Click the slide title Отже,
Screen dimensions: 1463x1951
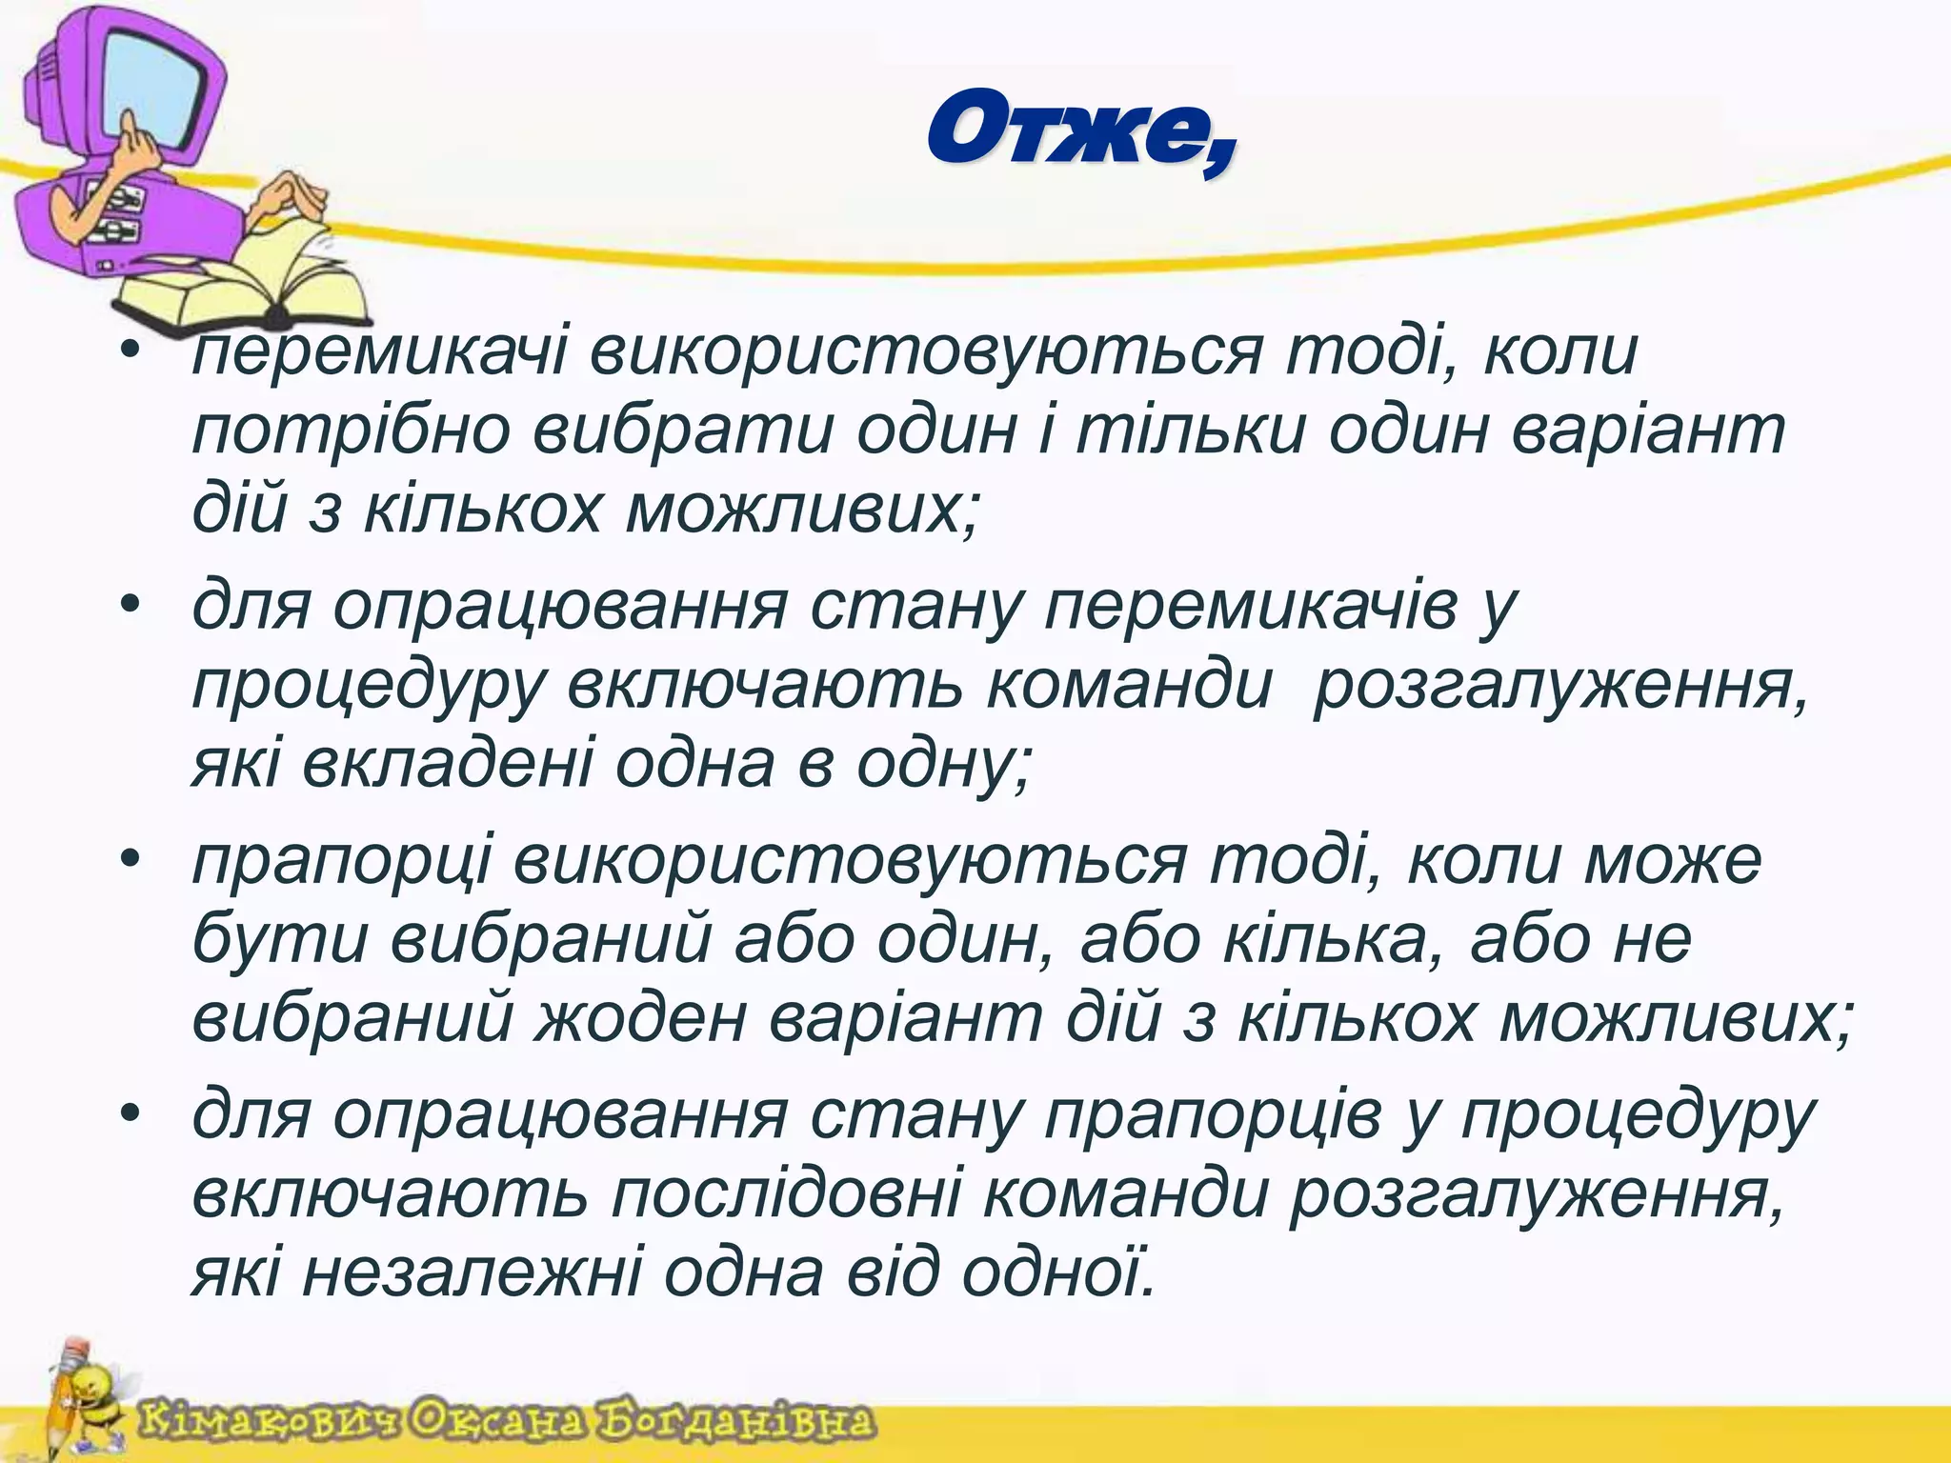[1081, 133]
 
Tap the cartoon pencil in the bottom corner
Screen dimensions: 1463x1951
[67, 1400]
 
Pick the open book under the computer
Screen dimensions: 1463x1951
[248, 286]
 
